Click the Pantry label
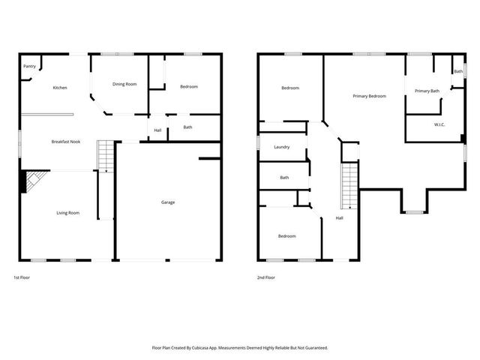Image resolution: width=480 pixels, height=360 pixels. click(29, 66)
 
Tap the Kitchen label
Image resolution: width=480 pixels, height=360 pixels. click(60, 88)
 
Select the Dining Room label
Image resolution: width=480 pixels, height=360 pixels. click(124, 84)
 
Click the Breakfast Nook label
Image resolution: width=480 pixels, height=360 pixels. click(66, 141)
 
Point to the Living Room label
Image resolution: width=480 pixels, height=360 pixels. click(68, 213)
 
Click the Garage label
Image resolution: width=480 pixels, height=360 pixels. click(169, 202)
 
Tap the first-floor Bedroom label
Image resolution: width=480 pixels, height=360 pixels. click(189, 87)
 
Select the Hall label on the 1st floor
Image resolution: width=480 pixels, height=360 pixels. click(157, 130)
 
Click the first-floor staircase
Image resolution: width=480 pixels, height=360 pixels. click(105, 156)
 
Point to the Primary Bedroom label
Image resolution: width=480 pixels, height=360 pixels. click(370, 96)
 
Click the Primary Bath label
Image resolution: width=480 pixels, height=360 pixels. click(427, 91)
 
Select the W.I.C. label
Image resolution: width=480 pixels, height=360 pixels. click(439, 124)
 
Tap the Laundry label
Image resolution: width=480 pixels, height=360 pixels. click(282, 147)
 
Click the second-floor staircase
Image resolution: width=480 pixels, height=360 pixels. click(349, 187)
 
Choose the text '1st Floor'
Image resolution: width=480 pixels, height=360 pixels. click(22, 277)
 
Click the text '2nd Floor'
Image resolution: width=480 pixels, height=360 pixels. click(266, 277)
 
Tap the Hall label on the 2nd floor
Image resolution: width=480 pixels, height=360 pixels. click(339, 218)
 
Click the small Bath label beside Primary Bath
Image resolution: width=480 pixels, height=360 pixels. click(457, 71)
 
